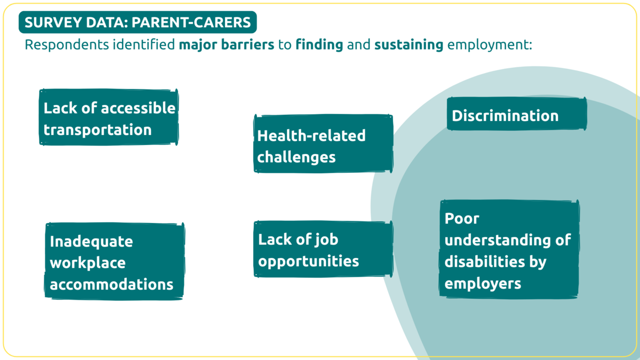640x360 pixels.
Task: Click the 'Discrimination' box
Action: (x=517, y=114)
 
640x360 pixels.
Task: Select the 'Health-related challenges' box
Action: (x=323, y=143)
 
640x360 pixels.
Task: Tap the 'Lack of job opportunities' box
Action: (x=323, y=249)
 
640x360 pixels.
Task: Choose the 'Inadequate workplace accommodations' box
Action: (x=114, y=261)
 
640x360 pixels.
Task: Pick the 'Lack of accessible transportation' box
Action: (x=109, y=117)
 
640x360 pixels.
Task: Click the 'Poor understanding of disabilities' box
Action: (x=509, y=250)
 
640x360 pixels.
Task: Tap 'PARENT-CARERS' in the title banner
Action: (x=191, y=22)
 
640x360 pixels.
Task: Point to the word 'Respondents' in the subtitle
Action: (x=67, y=45)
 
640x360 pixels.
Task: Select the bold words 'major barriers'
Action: (x=227, y=45)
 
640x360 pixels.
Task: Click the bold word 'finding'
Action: (x=319, y=45)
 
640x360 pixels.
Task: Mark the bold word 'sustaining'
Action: (x=409, y=45)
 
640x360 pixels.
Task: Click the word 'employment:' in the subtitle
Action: (x=490, y=45)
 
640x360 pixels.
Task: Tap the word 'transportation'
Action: (x=98, y=130)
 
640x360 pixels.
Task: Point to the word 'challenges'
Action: (x=297, y=157)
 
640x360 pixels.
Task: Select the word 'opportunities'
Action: (x=309, y=261)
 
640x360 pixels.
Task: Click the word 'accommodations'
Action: (x=111, y=284)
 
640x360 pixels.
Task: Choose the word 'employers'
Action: (x=483, y=284)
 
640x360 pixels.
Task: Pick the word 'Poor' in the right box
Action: (x=462, y=219)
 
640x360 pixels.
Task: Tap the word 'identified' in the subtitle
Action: (x=143, y=45)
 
